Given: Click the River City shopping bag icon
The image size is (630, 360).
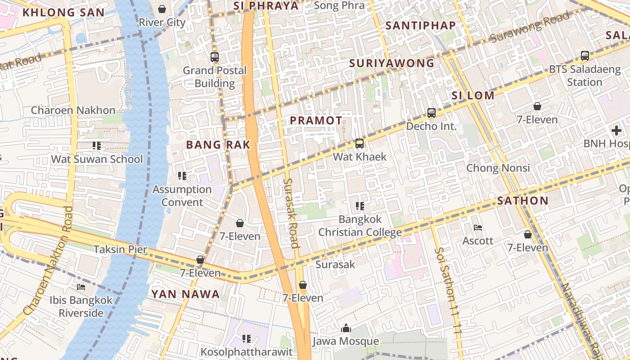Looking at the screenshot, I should [162, 9].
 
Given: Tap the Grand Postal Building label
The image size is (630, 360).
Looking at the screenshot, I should [215, 76].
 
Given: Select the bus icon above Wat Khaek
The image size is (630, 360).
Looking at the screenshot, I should [360, 144].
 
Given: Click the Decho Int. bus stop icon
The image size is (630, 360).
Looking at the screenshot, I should [432, 113].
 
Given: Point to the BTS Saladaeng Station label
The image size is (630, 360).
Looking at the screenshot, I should [585, 76].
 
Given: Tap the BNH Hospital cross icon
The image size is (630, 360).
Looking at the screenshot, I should [616, 131].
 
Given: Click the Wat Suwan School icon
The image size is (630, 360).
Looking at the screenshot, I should [97, 146].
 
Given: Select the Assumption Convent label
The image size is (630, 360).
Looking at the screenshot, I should [182, 195].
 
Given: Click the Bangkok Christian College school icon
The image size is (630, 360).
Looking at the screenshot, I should [360, 206].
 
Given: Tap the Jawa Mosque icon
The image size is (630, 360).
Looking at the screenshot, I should [346, 328].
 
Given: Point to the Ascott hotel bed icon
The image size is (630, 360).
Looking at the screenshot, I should [478, 228].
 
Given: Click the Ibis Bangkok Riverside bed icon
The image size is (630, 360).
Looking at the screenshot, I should [81, 287].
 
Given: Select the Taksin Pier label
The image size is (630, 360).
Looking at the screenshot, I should [120, 249].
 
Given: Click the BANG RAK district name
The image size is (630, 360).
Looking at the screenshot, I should [218, 145].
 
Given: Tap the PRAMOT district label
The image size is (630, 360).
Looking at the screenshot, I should [316, 121].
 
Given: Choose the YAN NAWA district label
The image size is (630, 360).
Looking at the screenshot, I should [185, 294].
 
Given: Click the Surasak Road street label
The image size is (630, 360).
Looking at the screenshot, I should [291, 213].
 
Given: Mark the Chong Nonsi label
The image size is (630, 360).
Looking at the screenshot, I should [498, 168].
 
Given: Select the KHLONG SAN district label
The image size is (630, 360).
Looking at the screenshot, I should [63, 12].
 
